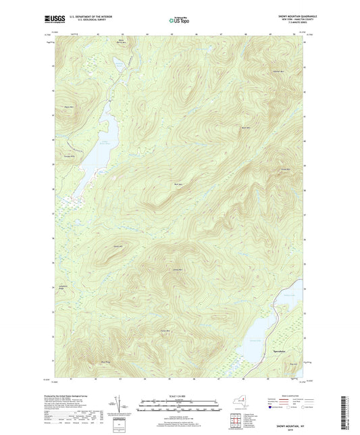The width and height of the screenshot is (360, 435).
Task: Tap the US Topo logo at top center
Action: (x=179, y=21)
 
